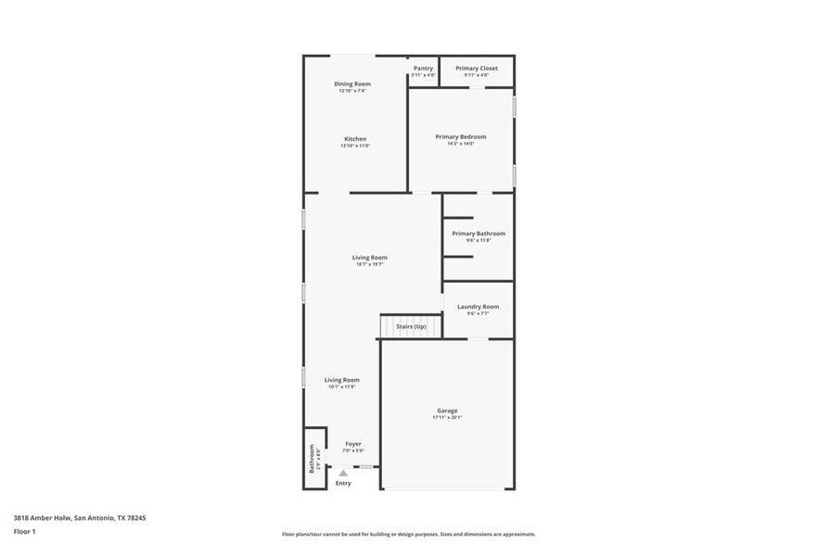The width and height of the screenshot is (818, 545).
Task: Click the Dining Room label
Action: (352, 84)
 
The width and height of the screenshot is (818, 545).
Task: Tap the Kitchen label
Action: (355, 139)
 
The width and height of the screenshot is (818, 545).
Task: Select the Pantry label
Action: (423, 68)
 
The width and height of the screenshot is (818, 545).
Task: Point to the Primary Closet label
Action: (477, 68)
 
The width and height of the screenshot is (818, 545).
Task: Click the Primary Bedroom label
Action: (461, 136)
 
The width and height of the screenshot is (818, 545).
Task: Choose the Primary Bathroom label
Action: (479, 234)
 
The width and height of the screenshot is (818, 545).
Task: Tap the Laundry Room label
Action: (478, 307)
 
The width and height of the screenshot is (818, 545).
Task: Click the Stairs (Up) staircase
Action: (411, 326)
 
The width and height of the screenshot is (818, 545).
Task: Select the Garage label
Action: (447, 411)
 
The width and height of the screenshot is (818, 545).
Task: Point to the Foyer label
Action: (353, 444)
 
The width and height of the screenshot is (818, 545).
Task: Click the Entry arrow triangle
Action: (343, 473)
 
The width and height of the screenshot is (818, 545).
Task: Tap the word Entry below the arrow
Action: (343, 483)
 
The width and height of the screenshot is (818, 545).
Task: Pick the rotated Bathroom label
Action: (312, 458)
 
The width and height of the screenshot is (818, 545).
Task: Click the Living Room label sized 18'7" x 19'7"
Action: (369, 258)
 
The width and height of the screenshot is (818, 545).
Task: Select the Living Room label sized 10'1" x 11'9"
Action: (341, 380)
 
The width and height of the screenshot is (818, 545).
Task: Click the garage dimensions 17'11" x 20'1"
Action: (447, 418)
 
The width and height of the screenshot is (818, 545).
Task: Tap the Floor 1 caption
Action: (24, 531)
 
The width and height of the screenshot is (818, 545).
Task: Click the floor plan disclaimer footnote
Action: (408, 534)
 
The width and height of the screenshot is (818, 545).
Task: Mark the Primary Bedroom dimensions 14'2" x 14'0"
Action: (461, 144)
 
